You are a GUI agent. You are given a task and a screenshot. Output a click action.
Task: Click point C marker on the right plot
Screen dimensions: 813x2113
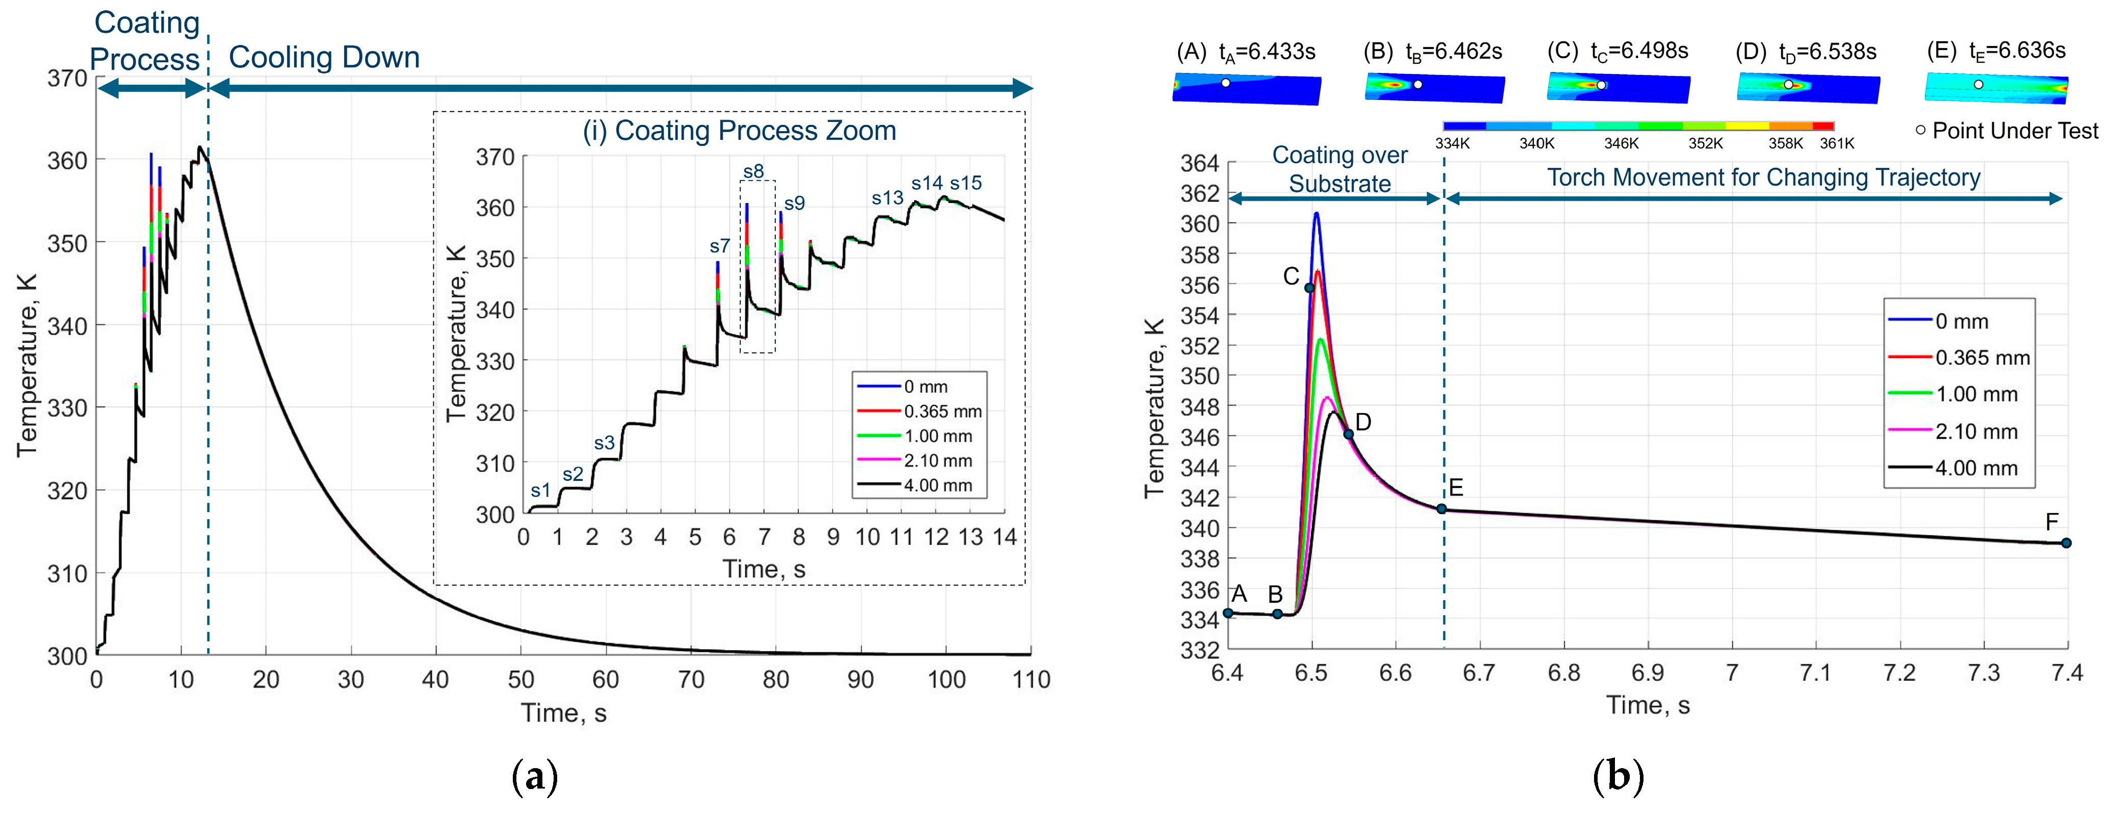pyautogui.click(x=1309, y=287)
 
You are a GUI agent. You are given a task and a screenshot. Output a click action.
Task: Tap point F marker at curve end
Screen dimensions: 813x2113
pyautogui.click(x=2066, y=543)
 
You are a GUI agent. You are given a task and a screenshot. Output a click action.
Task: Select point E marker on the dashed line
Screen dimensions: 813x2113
pyautogui.click(x=1441, y=509)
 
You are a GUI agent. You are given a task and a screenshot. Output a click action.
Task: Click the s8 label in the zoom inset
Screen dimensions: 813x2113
pyautogui.click(x=753, y=171)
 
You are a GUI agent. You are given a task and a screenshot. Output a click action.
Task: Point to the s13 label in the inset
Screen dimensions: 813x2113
pyautogui.click(x=886, y=198)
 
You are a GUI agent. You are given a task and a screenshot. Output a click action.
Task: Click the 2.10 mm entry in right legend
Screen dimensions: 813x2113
pyautogui.click(x=1975, y=431)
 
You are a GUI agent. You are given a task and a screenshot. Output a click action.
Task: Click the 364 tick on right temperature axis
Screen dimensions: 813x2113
pyautogui.click(x=1198, y=163)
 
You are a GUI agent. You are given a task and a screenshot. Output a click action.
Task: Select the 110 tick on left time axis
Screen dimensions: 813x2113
pyautogui.click(x=1030, y=679)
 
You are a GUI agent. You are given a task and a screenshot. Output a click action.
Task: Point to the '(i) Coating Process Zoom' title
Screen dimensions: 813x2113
pyautogui.click(x=739, y=131)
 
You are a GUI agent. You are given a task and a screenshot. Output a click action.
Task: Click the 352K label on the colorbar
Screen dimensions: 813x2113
pyautogui.click(x=1705, y=143)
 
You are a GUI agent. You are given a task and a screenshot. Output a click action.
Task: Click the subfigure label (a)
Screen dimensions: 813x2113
pyautogui.click(x=534, y=775)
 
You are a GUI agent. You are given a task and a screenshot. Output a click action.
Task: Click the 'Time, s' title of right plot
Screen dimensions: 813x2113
pyautogui.click(x=1647, y=705)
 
